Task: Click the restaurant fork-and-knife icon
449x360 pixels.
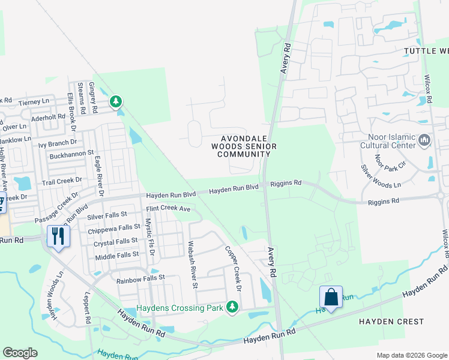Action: (x=58, y=235)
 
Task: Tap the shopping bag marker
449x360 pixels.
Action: (x=331, y=296)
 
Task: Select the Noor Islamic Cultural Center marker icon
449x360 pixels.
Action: (x=424, y=140)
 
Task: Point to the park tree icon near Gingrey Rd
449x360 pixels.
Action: (x=116, y=103)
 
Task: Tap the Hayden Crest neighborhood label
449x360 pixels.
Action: (x=392, y=322)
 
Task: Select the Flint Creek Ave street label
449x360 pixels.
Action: (x=168, y=209)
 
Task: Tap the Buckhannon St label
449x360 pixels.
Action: (x=72, y=153)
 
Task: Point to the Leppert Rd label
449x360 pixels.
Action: (x=88, y=316)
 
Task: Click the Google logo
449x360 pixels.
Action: (x=20, y=353)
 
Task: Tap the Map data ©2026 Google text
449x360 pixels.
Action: (x=412, y=355)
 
